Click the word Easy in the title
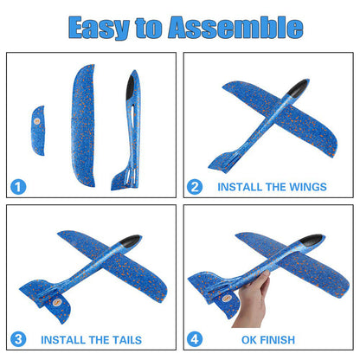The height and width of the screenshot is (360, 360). [99, 28]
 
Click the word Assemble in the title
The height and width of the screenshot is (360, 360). [235, 27]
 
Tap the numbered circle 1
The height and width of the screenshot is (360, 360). [18, 187]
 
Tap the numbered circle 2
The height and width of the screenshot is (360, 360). [195, 187]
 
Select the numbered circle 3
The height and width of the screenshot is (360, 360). [18, 339]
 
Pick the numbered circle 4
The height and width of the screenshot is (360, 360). [195, 339]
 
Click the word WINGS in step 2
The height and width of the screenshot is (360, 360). [308, 187]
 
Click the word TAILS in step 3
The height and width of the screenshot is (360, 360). [126, 340]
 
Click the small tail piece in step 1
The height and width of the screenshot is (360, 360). [38, 131]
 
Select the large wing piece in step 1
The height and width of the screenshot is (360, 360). [83, 125]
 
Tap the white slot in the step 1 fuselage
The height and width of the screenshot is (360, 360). [132, 115]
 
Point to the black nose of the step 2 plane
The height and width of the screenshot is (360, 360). [297, 88]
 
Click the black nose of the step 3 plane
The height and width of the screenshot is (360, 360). [131, 241]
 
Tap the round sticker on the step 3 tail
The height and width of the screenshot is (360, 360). [56, 302]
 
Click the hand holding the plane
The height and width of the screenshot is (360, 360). [253, 300]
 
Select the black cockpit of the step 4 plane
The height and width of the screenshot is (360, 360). [311, 240]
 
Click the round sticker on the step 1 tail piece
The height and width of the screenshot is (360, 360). [37, 121]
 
